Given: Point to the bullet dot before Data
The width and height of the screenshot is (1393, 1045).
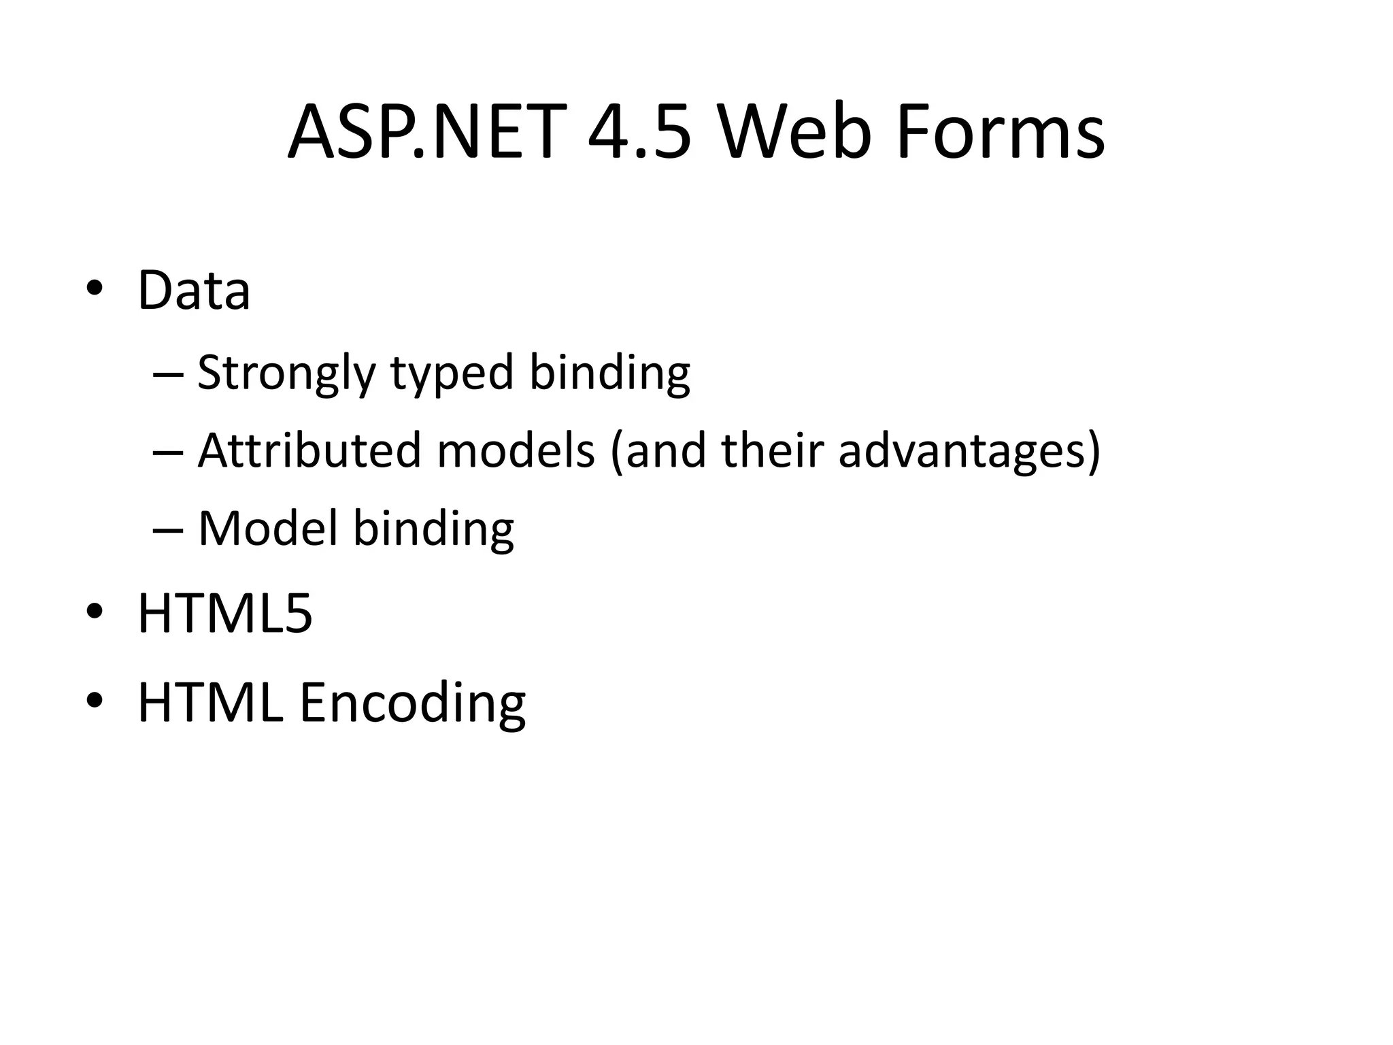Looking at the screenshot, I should [95, 288].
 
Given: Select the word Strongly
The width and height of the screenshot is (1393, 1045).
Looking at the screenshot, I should [286, 374].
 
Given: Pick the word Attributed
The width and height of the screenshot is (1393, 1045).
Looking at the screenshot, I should [309, 450].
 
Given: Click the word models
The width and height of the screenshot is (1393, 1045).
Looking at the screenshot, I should [516, 450].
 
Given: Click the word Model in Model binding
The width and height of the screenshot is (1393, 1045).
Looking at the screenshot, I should [268, 528].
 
